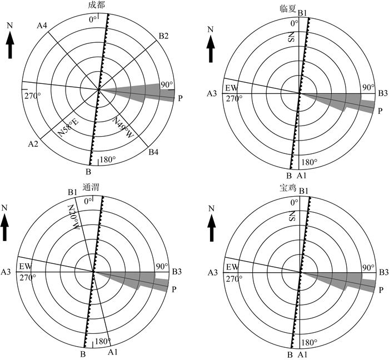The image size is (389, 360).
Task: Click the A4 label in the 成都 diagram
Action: tap(43, 25)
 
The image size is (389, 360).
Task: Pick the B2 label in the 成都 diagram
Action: tap(163, 36)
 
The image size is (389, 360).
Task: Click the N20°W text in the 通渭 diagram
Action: tap(73, 217)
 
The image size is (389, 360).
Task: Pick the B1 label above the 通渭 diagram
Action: tap(72, 193)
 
